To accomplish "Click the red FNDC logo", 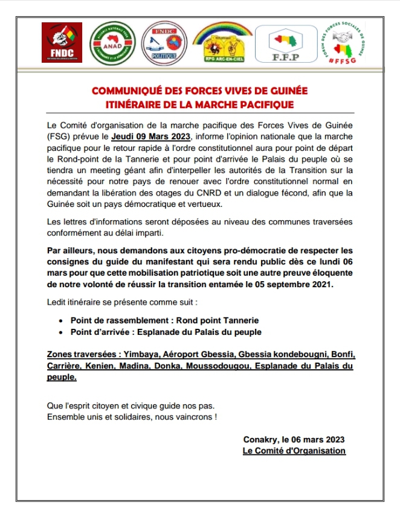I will coord(62,42).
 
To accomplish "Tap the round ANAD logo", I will coord(109,43).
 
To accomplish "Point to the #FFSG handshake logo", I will coord(343,43).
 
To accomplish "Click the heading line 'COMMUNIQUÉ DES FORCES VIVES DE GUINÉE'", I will coord(199,91).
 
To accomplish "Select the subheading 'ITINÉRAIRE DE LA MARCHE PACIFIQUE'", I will coord(199,104).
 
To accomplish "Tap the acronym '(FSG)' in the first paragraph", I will coord(58,136).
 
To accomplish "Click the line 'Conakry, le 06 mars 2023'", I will coord(294,439).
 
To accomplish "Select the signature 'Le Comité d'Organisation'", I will coord(294,451).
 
